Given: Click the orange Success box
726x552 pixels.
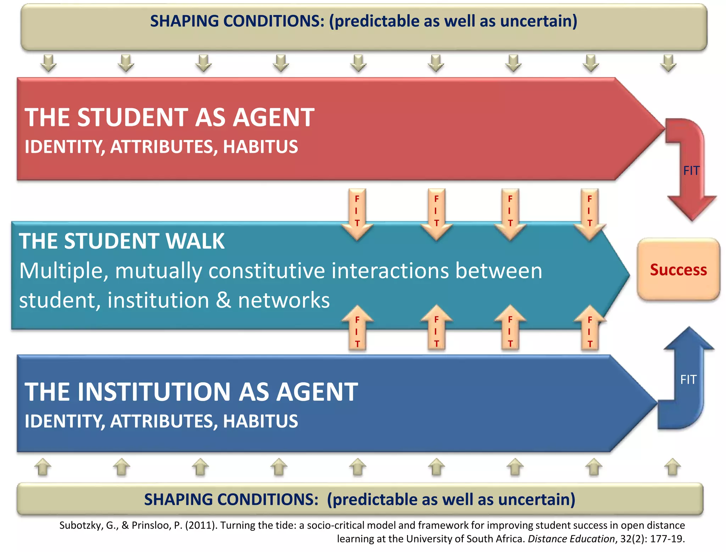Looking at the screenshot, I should tap(678, 270).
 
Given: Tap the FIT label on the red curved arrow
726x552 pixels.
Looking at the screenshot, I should tap(691, 171).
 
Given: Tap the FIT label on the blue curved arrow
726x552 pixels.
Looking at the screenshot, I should tap(688, 380).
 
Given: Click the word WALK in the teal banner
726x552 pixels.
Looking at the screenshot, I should tap(195, 241).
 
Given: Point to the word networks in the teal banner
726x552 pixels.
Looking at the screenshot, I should tap(284, 300).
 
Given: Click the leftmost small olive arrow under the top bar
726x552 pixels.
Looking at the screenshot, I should tap(48, 63).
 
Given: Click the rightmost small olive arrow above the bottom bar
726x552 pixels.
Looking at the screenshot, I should tap(672, 467).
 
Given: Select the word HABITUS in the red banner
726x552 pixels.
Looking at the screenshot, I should tap(261, 147).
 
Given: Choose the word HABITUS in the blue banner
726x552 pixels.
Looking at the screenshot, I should tap(261, 421).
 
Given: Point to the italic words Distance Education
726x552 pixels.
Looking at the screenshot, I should tap(571, 539).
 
